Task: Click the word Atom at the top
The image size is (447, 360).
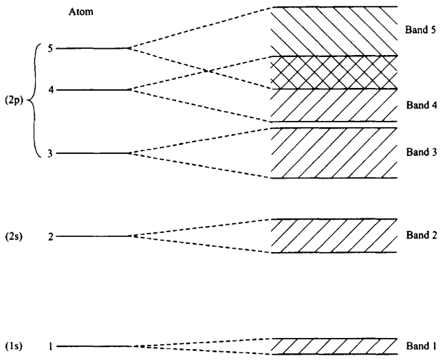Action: point(81,12)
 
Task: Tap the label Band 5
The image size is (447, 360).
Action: point(419,31)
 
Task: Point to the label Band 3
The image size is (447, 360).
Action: point(419,153)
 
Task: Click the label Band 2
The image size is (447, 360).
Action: point(419,235)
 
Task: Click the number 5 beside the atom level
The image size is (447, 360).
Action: point(50,49)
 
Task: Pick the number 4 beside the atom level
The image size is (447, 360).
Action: point(50,90)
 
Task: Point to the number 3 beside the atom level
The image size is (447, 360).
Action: point(50,153)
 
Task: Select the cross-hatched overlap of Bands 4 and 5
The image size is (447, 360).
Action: point(335,73)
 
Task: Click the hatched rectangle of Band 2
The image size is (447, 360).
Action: point(335,236)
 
